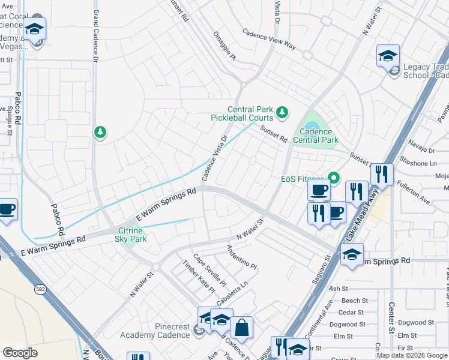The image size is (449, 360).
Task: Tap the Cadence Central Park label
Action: (316, 136)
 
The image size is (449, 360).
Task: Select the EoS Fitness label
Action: (303, 178)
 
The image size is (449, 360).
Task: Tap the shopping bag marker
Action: (241, 328)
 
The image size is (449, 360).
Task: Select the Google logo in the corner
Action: (20, 353)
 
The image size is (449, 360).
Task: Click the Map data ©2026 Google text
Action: (412, 355)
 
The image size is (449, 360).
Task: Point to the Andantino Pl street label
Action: (241, 257)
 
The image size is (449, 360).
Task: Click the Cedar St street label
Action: (351, 312)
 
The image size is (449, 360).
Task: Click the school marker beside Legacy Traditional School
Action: (388, 56)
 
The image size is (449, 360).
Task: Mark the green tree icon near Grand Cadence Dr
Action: (100, 131)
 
